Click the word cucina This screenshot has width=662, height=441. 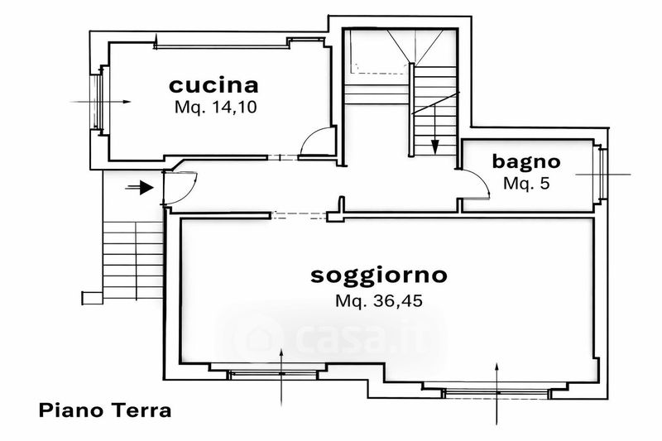[x=213, y=84]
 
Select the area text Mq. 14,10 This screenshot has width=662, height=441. [x=213, y=108]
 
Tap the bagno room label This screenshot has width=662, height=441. [x=526, y=161]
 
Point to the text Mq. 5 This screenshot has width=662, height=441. [x=526, y=184]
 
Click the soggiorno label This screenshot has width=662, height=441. [x=378, y=275]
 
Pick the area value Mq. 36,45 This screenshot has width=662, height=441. [x=378, y=301]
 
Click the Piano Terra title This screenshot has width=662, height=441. [x=105, y=410]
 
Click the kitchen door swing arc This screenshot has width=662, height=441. [x=316, y=141]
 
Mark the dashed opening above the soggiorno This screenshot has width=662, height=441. [x=300, y=215]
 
